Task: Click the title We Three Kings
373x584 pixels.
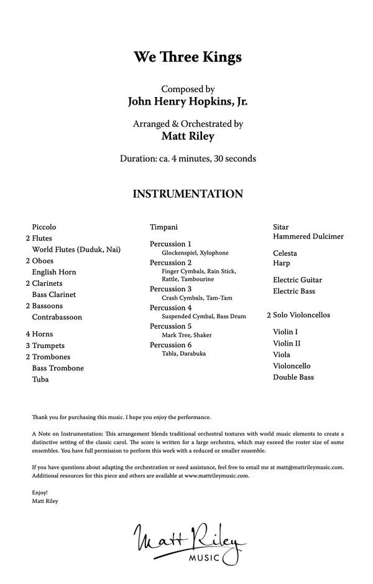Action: pyautogui.click(x=187, y=57)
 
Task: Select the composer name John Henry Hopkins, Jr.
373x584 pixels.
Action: pyautogui.click(x=187, y=101)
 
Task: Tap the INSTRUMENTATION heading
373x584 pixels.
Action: pyautogui.click(x=187, y=194)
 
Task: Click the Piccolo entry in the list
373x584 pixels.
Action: pyautogui.click(x=44, y=227)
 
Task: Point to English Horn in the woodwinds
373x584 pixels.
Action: pyautogui.click(x=54, y=272)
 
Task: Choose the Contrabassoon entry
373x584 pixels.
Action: pyautogui.click(x=57, y=317)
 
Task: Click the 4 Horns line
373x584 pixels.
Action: pyautogui.click(x=39, y=334)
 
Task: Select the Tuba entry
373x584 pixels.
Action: pyautogui.click(x=40, y=379)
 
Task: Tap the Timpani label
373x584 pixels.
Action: pyautogui.click(x=163, y=227)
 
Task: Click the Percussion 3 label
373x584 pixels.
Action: pyautogui.click(x=171, y=290)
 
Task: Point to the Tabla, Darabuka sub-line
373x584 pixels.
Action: pyautogui.click(x=183, y=354)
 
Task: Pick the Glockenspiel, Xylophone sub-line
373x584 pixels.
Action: pyautogui.click(x=195, y=253)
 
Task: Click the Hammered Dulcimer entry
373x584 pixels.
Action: pyautogui.click(x=308, y=237)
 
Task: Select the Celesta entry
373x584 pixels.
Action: pyautogui.click(x=285, y=253)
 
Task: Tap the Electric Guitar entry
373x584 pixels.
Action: pyautogui.click(x=298, y=280)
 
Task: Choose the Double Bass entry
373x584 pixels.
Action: pyautogui.click(x=293, y=377)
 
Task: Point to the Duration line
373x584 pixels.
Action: pyautogui.click(x=187, y=159)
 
